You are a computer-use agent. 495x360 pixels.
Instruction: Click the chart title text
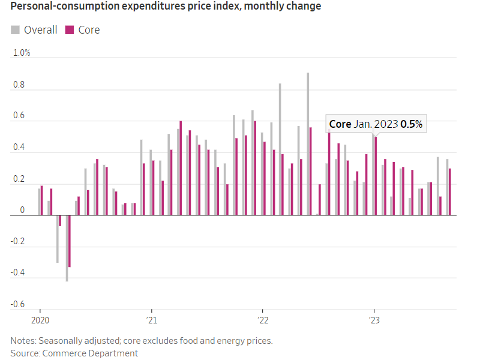(166, 7)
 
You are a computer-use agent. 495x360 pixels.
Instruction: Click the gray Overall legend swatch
(16, 30)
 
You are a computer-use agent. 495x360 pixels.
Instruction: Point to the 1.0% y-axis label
(22, 53)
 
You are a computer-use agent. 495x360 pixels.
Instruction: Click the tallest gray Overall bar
(308, 144)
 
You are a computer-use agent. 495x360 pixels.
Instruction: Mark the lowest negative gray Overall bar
(67, 248)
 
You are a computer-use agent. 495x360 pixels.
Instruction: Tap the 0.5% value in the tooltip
(412, 125)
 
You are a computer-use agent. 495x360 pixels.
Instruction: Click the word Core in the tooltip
(340, 125)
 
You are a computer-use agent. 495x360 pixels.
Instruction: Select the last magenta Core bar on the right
(450, 191)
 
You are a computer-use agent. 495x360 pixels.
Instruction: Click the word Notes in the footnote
(22, 341)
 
